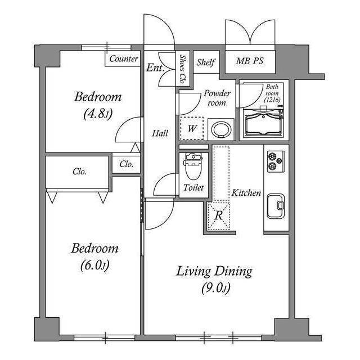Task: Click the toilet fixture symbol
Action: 193,166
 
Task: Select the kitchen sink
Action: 276,206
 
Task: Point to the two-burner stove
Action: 276,161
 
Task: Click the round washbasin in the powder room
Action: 221,129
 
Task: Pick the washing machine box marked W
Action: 192,128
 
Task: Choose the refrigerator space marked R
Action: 218,215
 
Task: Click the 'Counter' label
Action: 124,58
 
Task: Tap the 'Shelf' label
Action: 206,62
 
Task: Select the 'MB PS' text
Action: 250,61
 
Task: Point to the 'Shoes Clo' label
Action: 182,69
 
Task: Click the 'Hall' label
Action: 160,133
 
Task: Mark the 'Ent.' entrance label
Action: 155,67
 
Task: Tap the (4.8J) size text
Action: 98,114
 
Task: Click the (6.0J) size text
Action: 94,265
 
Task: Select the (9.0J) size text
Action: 216,288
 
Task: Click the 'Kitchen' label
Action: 246,193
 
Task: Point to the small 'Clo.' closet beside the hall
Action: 127,164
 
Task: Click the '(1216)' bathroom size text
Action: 272,100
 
